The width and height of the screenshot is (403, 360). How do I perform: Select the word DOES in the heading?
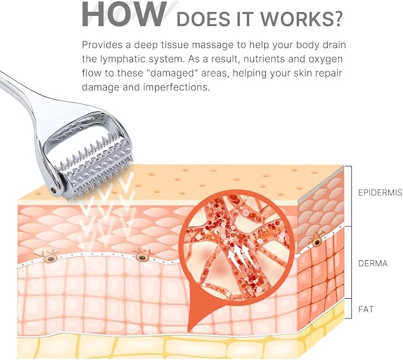tap(203, 19)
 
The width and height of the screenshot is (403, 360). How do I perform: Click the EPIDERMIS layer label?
tap(380, 192)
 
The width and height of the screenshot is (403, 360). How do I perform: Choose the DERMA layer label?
tap(373, 264)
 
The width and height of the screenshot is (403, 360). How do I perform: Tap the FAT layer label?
tap(366, 309)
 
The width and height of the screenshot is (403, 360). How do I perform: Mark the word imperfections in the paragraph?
tap(176, 87)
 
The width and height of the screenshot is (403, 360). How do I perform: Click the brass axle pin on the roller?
tap(54, 190)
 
